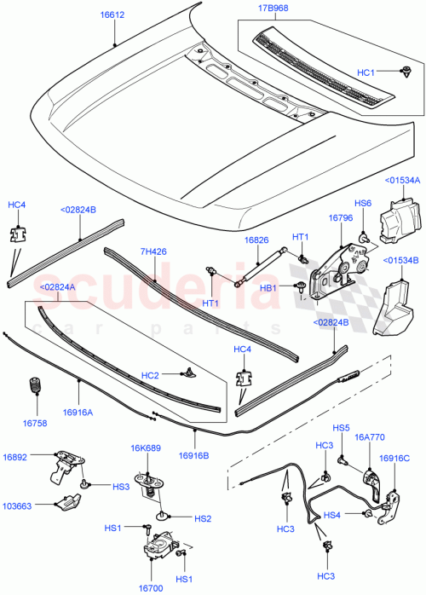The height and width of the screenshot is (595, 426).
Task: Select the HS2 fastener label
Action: [202, 518]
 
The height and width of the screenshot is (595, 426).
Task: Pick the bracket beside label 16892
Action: [67, 465]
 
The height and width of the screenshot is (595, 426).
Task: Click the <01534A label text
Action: [401, 181]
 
